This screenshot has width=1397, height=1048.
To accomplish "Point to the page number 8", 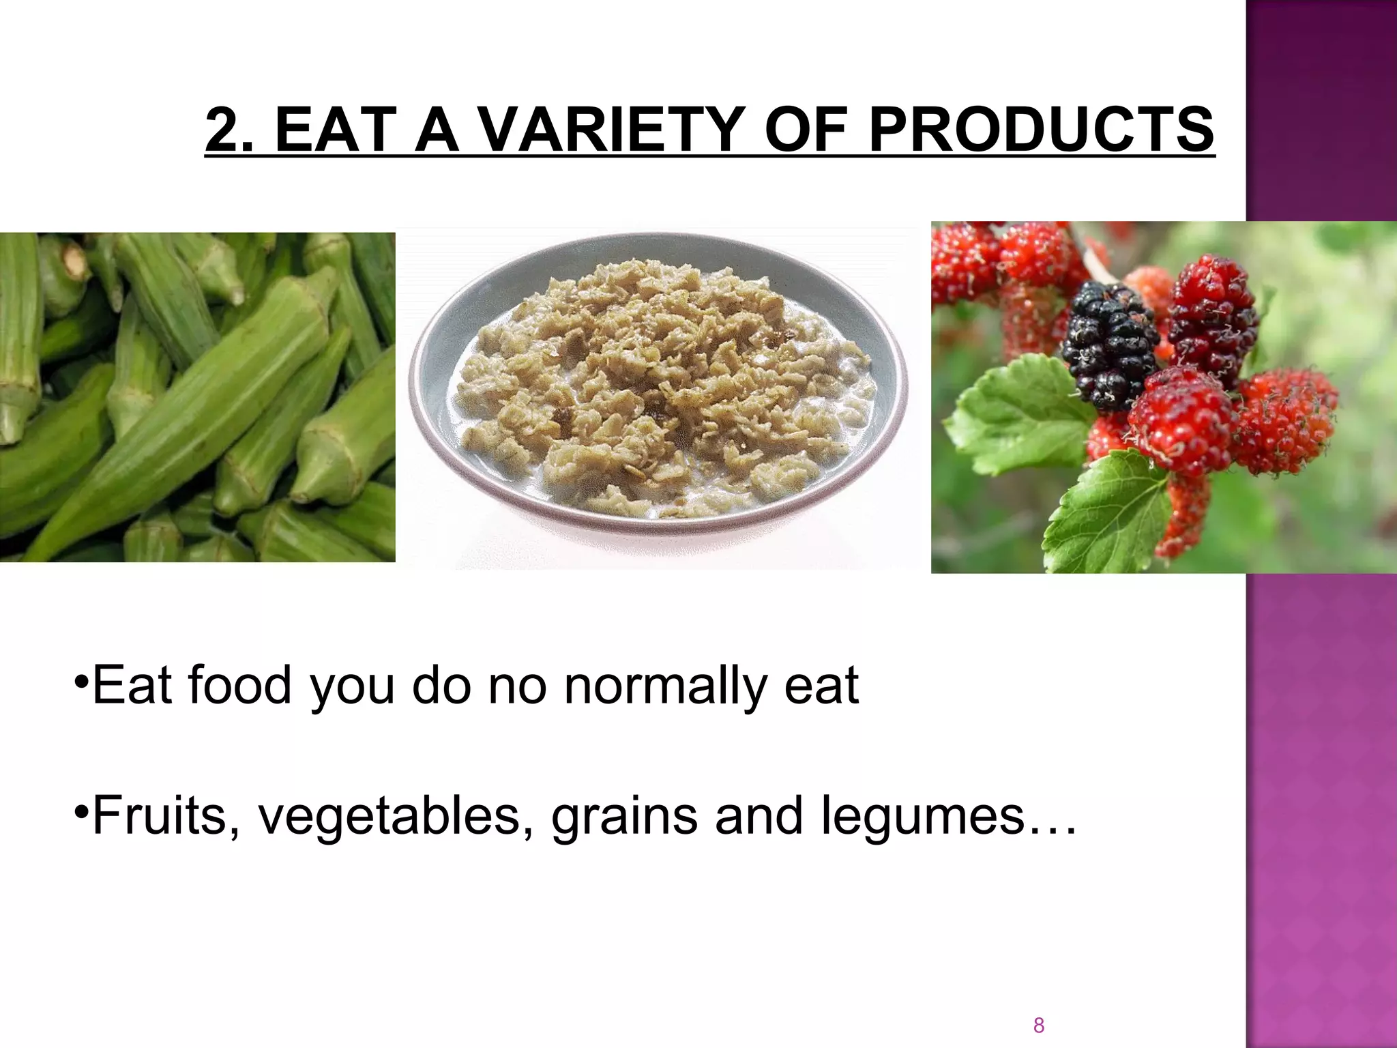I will click(1039, 1025).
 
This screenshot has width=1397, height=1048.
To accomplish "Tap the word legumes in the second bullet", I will click(924, 815).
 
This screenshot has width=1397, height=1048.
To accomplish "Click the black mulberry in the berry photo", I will click(1110, 345).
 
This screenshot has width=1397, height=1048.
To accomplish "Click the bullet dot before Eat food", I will click(81, 680).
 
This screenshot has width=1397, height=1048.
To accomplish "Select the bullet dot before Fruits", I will click(81, 811).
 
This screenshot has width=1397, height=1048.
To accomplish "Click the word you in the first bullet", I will click(353, 686).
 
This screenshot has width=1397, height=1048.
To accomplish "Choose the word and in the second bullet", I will click(759, 815).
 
